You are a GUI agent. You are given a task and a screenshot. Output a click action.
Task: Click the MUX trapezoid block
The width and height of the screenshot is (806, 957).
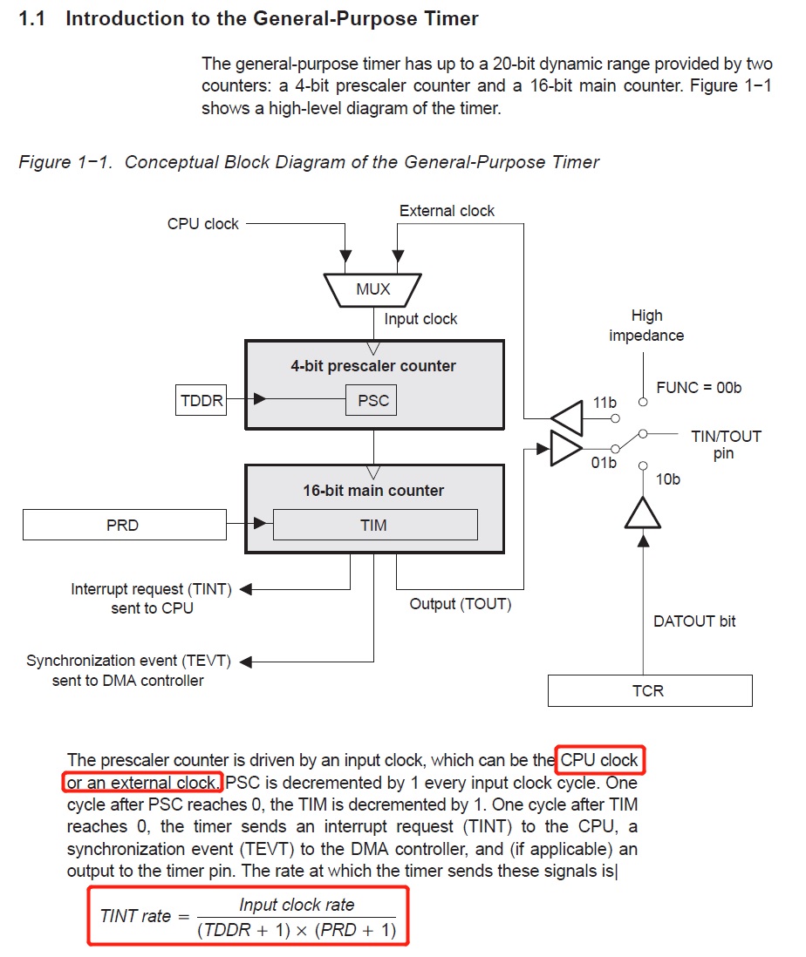pos(372,288)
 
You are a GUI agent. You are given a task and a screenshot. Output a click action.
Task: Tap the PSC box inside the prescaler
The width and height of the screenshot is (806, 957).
pos(373,401)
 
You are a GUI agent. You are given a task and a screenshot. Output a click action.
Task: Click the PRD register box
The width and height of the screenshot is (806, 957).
pos(122,525)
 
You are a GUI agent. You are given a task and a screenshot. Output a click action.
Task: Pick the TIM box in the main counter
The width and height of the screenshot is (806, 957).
pos(373,525)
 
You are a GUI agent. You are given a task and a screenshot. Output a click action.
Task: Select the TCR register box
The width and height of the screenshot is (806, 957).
pos(648,690)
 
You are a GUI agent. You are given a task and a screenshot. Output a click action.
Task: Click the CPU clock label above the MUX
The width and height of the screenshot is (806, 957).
pos(202,224)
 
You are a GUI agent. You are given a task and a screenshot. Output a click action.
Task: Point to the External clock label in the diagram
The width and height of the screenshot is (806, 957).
pos(447,211)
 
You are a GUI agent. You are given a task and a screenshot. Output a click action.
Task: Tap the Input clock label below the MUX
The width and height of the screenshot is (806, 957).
pos(420,319)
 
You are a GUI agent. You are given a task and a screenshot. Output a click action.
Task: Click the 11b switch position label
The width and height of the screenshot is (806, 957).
pos(604,403)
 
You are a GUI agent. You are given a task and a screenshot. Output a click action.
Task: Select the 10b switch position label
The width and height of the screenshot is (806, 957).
pos(668,478)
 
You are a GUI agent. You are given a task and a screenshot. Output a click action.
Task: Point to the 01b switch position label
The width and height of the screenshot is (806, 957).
pos(604,463)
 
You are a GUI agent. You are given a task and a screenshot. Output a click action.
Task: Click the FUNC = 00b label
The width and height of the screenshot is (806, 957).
pos(699,387)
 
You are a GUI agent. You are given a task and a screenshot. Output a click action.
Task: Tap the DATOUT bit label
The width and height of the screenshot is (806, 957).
pos(694,621)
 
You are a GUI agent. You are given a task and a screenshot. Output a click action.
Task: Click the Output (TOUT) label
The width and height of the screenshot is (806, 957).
pos(461,604)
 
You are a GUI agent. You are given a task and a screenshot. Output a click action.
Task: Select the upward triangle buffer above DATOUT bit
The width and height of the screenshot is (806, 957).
pos(643,514)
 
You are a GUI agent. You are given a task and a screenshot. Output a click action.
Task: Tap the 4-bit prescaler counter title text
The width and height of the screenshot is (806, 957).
pos(373,366)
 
